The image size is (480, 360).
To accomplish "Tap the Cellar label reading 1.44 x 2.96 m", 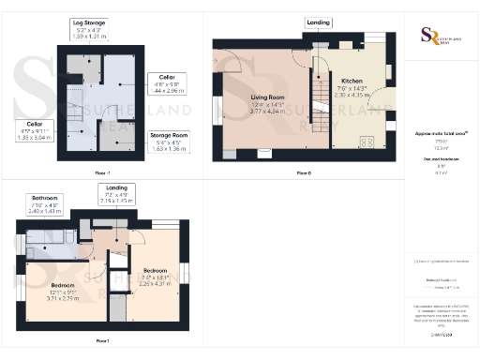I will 167,86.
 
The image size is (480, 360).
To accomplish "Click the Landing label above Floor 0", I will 318,22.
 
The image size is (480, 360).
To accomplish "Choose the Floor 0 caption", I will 303,172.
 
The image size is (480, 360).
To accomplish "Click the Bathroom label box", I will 44,203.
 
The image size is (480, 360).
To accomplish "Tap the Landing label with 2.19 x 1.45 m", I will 113,193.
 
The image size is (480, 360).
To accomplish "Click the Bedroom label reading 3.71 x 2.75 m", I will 63,292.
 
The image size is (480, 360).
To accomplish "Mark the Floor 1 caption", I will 102,339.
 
